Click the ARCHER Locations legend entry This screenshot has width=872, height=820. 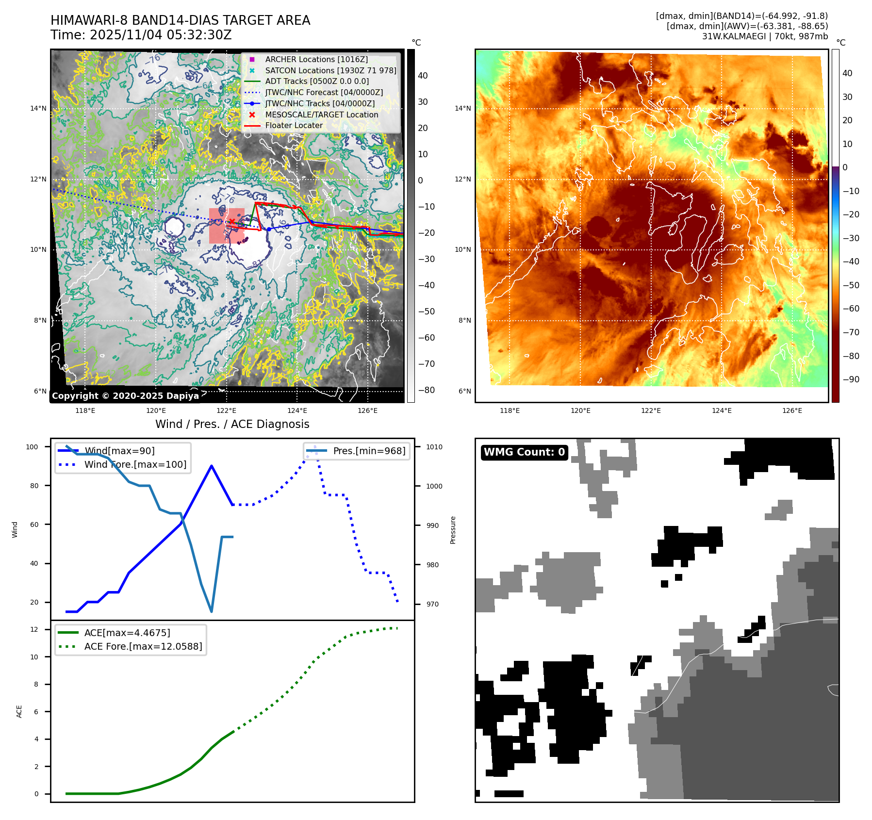click(316, 59)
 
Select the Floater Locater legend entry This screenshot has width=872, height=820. click(294, 125)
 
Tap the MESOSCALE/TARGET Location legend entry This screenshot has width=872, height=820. click(321, 115)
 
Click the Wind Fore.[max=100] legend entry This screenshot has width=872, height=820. click(135, 464)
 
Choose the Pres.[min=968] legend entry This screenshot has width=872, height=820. click(369, 451)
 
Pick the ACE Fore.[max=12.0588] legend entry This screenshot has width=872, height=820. click(143, 646)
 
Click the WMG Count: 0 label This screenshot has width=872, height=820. click(524, 452)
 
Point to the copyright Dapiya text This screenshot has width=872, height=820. click(125, 396)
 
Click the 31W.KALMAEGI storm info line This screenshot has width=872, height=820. click(765, 36)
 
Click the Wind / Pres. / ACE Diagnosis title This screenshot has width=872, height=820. click(232, 424)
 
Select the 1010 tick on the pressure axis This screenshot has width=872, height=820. click(434, 447)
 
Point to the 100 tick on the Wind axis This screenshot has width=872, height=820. click(32, 447)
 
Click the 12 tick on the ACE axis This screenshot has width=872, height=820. click(34, 629)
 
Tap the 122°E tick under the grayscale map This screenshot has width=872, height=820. click(226, 410)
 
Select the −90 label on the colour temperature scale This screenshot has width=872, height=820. click(851, 379)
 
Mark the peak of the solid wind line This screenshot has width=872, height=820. click(212, 466)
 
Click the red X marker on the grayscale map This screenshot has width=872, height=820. click(232, 222)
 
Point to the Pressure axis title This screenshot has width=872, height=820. click(453, 530)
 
